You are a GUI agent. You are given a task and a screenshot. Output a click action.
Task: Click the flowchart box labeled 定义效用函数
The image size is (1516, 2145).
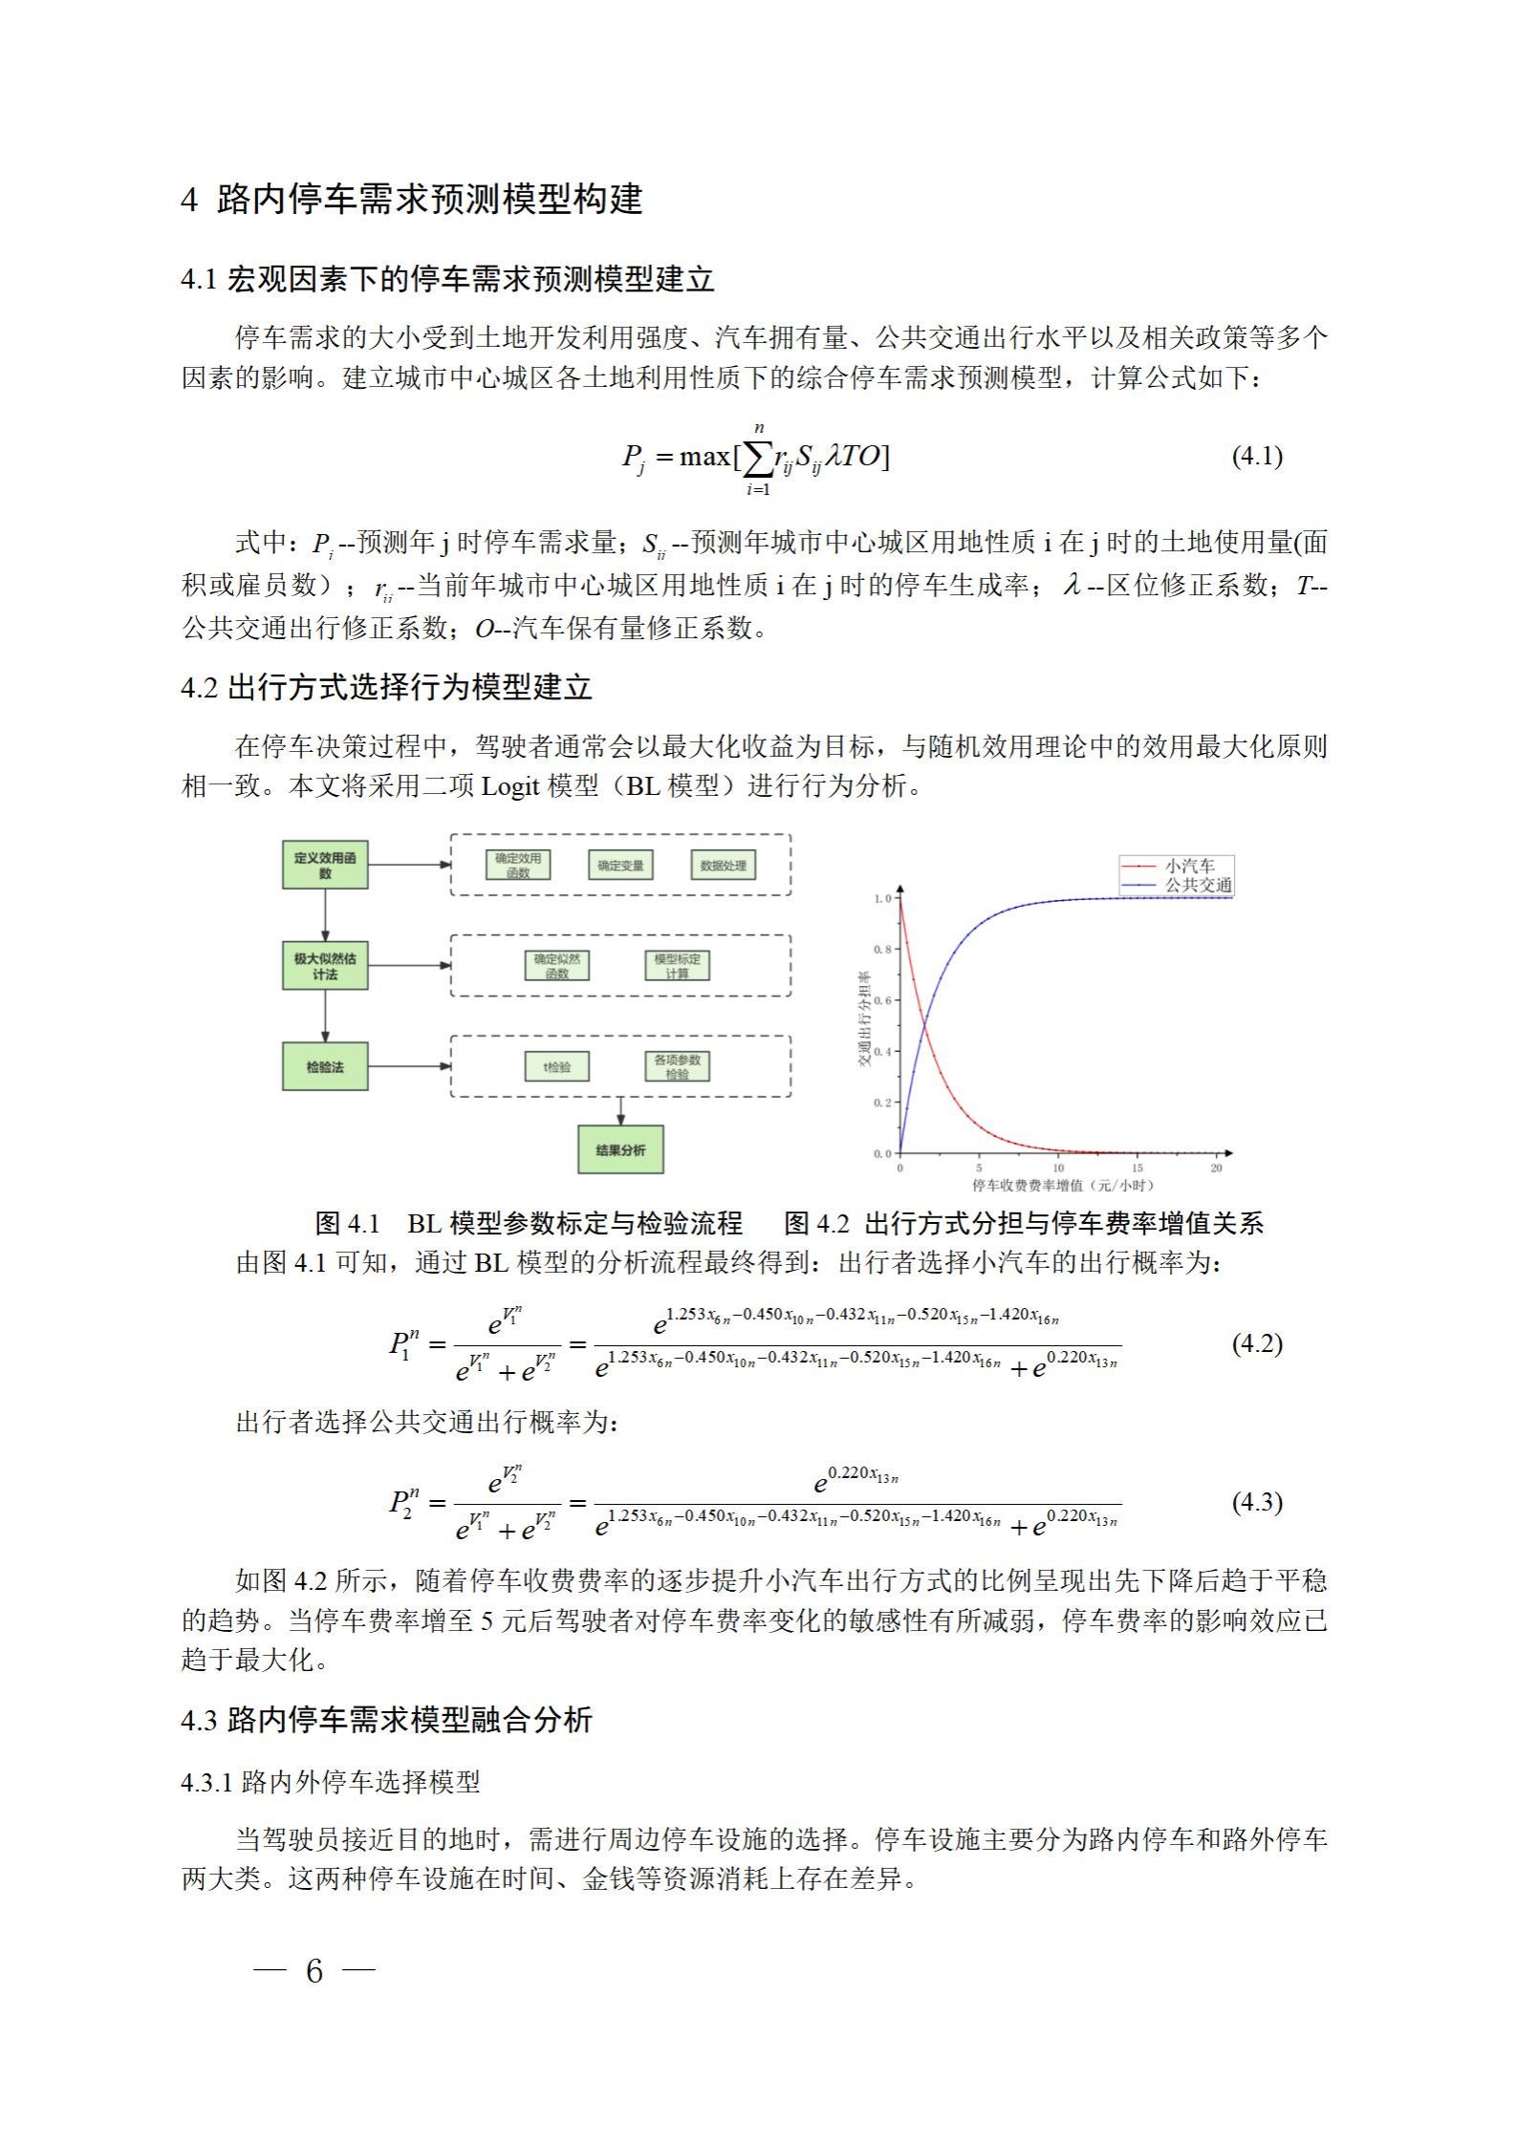325,865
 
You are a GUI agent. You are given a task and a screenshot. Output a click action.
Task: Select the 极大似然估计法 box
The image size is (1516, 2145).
325,966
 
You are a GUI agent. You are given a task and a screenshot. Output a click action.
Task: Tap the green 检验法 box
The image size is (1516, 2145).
325,1066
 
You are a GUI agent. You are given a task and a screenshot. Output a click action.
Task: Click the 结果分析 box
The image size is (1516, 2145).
620,1149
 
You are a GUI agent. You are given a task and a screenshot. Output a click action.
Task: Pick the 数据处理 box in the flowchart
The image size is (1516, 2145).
723,866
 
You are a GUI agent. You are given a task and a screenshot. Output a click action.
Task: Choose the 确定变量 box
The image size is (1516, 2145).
620,866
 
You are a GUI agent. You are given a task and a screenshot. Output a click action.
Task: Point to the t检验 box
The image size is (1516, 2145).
557,1066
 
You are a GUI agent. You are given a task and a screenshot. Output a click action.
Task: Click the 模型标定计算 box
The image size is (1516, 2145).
677,965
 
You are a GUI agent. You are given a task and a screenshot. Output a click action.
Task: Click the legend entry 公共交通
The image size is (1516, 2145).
1198,885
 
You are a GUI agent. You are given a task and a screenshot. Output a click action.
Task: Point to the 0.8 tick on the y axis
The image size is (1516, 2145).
882,950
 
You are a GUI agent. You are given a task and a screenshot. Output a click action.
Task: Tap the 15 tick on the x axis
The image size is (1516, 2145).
1137,1168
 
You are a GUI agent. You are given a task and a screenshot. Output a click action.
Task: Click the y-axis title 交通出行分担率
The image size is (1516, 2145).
865,1019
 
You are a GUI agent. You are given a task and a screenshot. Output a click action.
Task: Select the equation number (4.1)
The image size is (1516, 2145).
1257,456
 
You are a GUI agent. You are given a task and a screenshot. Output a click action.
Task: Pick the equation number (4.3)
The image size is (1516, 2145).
1257,1503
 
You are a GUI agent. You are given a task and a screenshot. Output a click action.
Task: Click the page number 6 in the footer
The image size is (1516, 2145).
314,1970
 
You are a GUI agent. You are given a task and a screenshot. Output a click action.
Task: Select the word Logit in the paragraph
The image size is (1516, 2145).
511,786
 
